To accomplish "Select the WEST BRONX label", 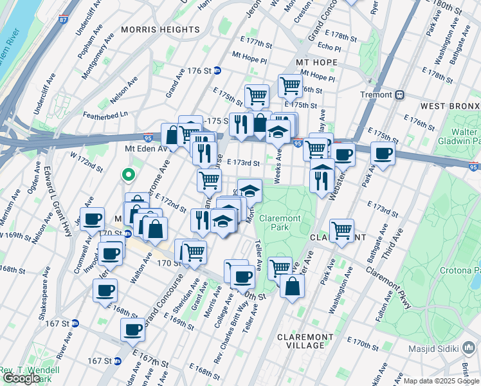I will coord(450,105).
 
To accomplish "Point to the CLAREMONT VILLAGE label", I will coord(305,341).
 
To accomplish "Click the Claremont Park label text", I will coord(280,223).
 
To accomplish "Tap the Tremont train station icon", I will coord(400,95).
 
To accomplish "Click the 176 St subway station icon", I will coord(218,71).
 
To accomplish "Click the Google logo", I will coord(21,378).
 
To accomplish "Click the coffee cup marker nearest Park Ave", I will coord(383,154).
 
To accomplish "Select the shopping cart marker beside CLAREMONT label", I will coord(341,230).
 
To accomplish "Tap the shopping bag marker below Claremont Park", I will coord(292,286).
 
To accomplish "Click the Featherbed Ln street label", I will coord(106,115).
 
